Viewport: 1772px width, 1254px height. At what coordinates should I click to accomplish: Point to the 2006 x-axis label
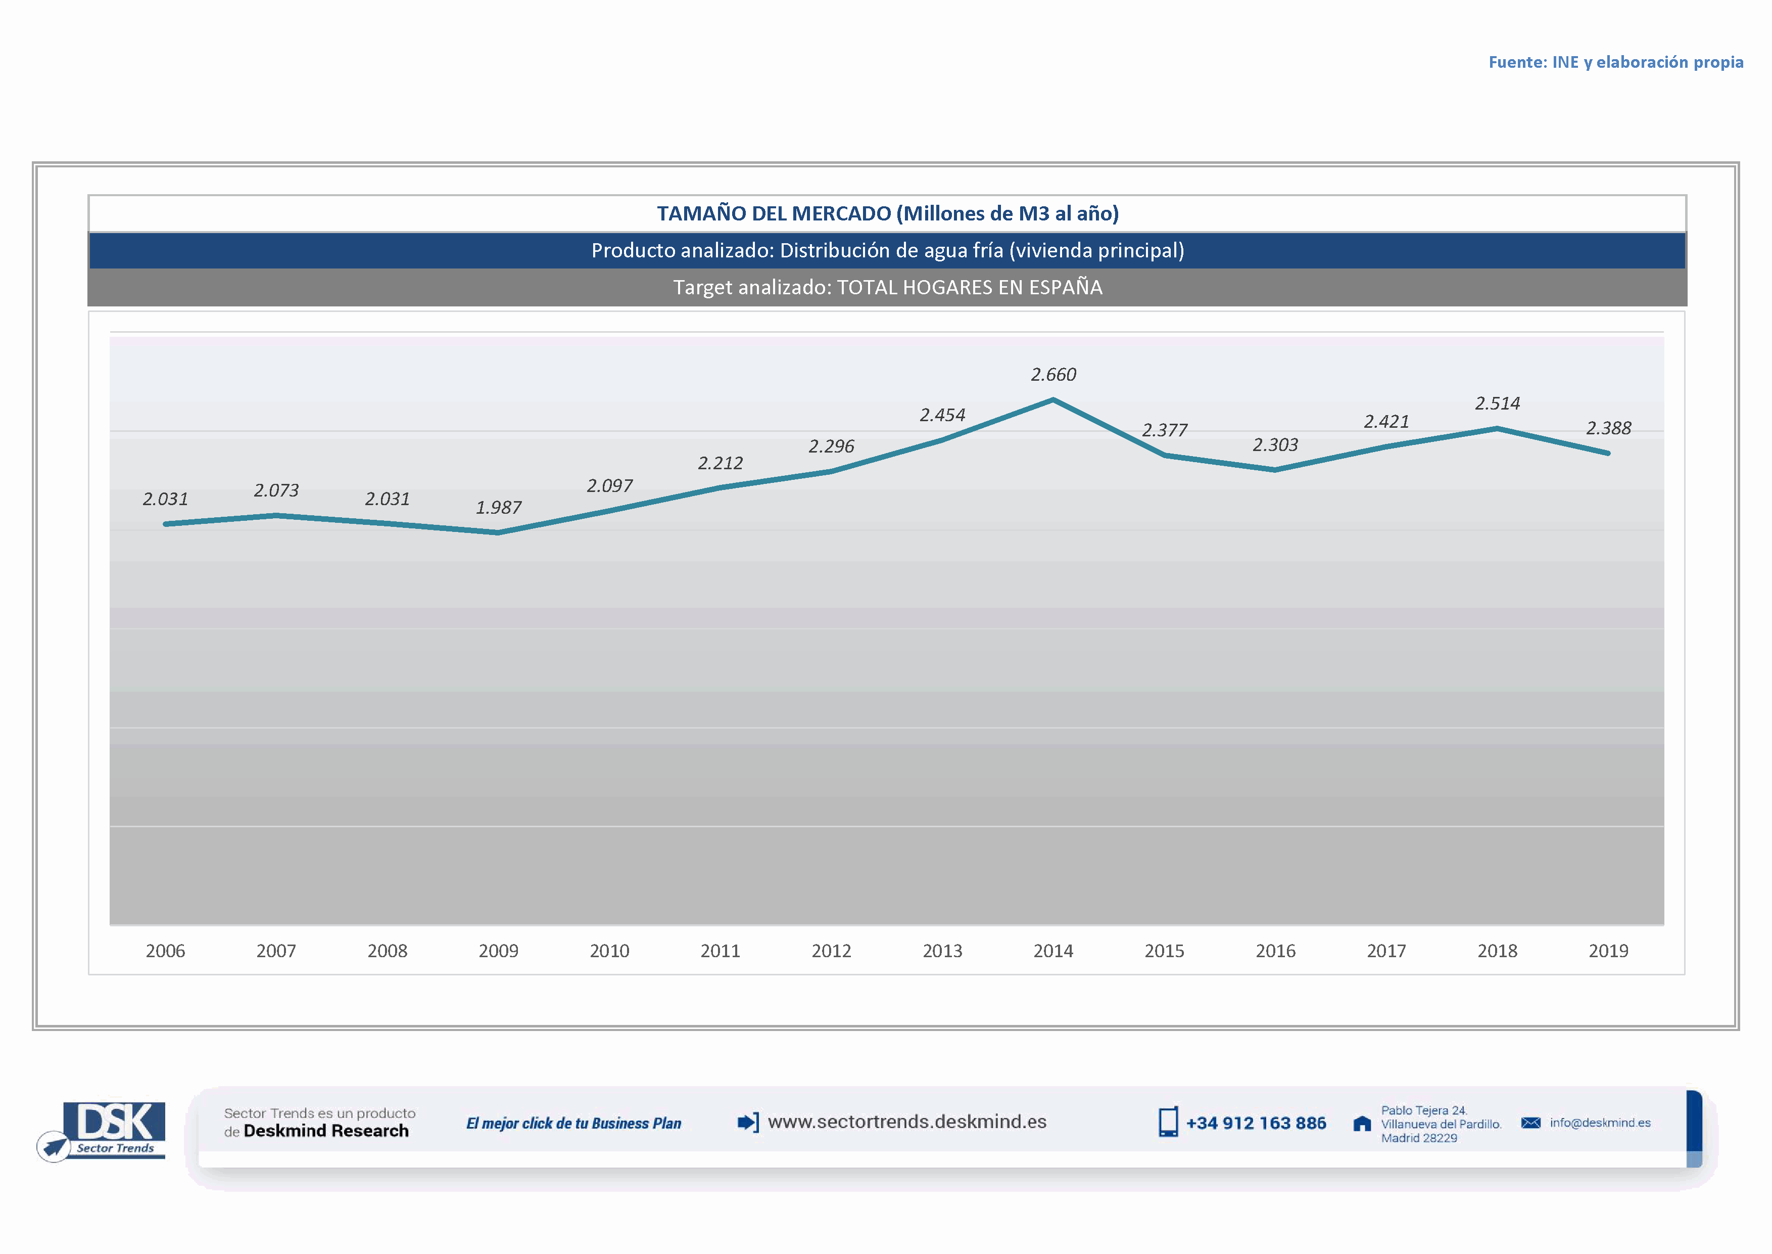tap(165, 951)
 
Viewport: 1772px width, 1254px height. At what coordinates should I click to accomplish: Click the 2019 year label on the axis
tap(1608, 951)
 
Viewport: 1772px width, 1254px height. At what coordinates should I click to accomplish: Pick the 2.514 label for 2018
tap(1497, 403)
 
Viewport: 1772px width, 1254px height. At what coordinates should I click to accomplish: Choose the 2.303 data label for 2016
tap(1275, 445)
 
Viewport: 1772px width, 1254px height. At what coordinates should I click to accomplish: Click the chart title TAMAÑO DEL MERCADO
tap(888, 213)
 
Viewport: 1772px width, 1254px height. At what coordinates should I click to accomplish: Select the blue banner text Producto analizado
tap(888, 250)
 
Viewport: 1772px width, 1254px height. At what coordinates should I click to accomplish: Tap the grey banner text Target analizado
tap(888, 287)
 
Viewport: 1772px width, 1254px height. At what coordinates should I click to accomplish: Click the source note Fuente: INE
tap(1615, 62)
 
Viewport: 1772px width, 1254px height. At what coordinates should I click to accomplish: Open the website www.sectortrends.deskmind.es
tap(907, 1122)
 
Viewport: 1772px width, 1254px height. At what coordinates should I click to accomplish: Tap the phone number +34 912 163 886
tap(1256, 1123)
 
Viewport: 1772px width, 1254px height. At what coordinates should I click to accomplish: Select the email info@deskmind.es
tap(1600, 1123)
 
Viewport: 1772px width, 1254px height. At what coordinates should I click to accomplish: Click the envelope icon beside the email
tap(1530, 1123)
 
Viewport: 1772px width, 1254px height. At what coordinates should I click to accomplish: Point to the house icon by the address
tap(1362, 1124)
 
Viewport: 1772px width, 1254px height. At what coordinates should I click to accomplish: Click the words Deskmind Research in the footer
tap(326, 1131)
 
